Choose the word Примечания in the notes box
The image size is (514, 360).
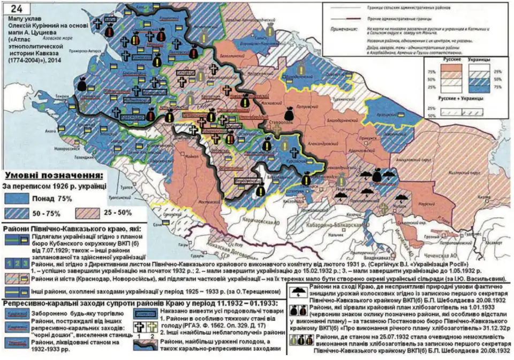(x=343, y=31)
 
